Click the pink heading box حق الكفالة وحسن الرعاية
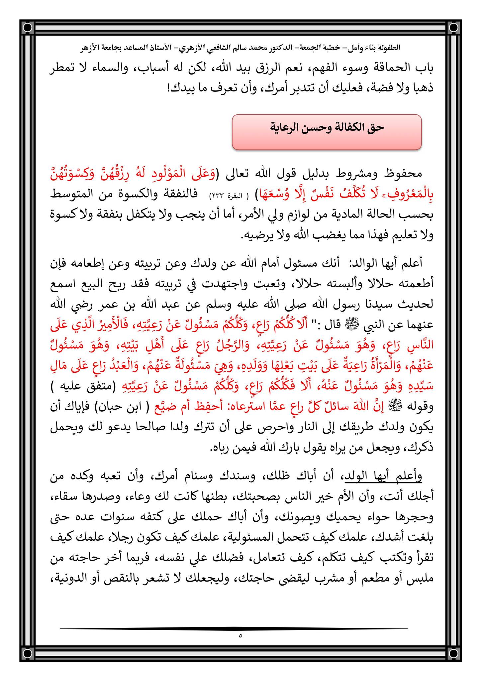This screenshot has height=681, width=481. pyautogui.click(x=327, y=132)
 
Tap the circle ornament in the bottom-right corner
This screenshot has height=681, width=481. pyautogui.click(x=452, y=653)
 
